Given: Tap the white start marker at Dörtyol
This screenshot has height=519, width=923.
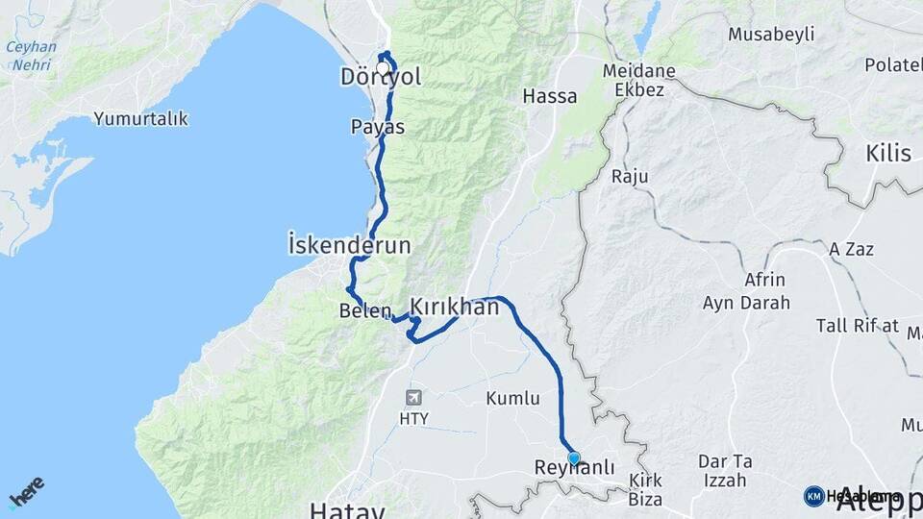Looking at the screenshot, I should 383,68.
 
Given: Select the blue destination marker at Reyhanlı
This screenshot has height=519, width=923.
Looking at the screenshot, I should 574,458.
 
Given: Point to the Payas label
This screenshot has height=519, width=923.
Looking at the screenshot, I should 377,127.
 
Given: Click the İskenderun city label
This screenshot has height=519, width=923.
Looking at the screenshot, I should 349,245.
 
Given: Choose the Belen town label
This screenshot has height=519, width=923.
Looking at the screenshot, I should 365,311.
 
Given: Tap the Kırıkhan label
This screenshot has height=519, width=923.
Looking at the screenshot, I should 455,307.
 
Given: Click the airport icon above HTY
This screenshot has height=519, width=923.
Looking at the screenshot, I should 414,397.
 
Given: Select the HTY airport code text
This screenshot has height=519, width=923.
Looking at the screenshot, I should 414,418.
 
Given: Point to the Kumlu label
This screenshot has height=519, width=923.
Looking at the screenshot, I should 512,398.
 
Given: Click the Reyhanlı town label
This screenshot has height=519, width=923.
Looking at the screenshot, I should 574,468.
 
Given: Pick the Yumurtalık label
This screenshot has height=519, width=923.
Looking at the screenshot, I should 140,119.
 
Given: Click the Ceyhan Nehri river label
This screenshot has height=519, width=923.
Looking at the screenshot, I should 31,56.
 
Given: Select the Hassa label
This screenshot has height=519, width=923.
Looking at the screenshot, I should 550,96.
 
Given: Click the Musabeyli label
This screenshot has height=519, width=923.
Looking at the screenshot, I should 771,35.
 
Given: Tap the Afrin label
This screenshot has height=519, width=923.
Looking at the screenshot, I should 764,281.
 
